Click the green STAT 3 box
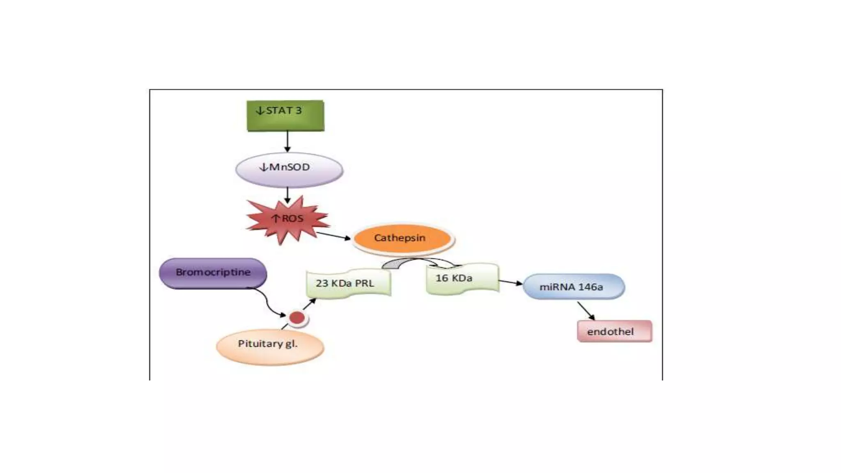285,116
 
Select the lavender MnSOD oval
289,170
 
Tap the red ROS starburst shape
287,222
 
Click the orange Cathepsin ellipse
402,238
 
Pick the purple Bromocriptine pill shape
213,273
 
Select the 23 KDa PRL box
348,283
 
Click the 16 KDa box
462,279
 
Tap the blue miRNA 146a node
573,287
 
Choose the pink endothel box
614,331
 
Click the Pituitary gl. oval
270,347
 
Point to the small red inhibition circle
297,318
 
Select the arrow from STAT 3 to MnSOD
287,141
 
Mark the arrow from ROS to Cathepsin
333,236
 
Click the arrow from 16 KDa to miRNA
510,282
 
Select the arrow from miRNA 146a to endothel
586,311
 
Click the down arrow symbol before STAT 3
260,110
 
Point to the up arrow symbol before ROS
276,218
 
